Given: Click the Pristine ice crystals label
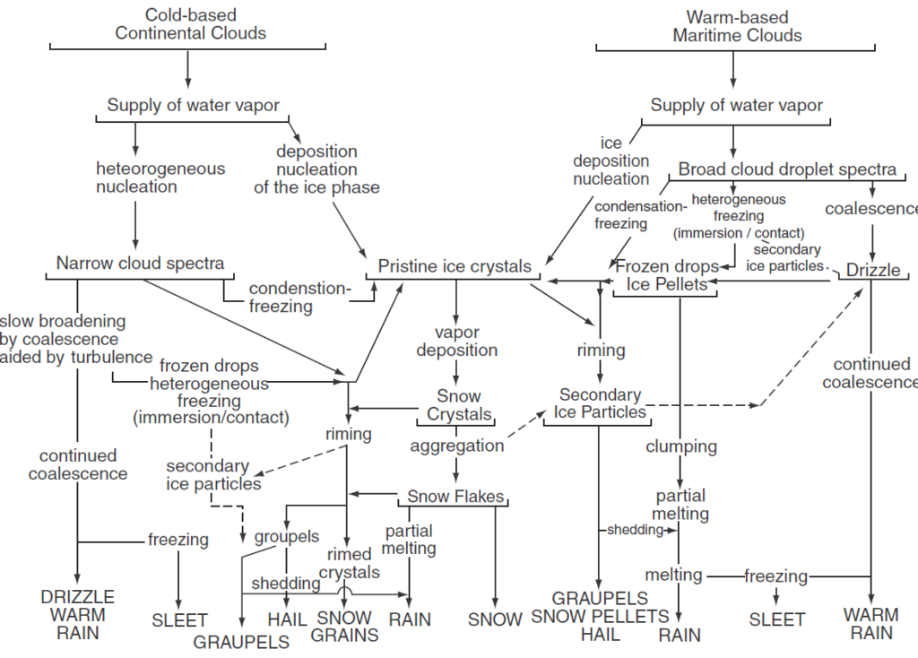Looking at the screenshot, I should point(455,266).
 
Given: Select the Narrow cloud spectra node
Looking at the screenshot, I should point(140,263).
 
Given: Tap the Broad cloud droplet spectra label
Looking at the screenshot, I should point(787,169).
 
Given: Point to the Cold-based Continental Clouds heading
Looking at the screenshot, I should point(190,24).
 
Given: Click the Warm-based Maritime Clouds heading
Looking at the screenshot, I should point(737,26).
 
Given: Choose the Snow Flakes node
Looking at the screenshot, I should point(456,496).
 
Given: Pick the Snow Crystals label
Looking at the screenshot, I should point(459,405).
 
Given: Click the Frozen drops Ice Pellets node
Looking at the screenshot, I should point(667,275).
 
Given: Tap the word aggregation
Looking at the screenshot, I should point(457,446).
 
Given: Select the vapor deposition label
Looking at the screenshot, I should point(456,341).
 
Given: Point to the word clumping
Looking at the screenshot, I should point(681,446).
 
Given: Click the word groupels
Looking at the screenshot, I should point(287,536).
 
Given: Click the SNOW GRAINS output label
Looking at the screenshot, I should point(345,626).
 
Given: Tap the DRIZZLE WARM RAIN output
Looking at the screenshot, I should point(78,615).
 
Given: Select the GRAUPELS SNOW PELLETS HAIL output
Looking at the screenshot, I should point(600,616).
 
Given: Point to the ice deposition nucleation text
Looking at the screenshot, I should point(611,160).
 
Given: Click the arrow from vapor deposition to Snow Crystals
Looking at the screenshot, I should point(456,371).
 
